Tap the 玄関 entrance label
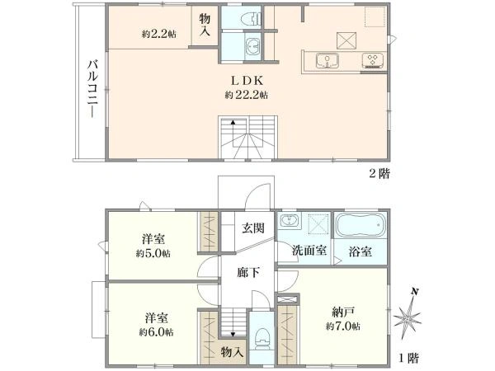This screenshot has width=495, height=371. tap(252, 228)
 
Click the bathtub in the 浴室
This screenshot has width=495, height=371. tap(359, 225)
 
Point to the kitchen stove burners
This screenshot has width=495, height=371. tap(372, 59)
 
